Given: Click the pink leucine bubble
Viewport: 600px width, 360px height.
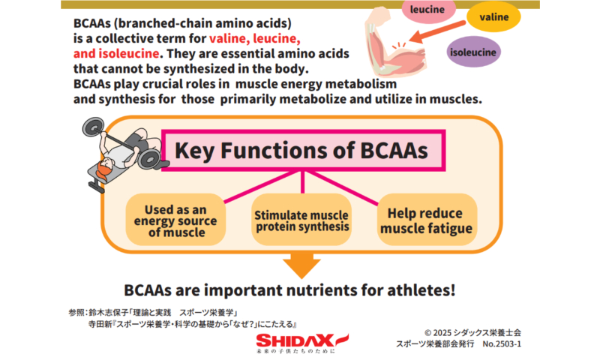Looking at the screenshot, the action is pos(427,10).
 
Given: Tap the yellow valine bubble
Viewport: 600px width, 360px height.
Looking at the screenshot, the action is pos(493,16).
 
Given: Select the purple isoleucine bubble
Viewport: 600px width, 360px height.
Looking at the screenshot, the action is pos(473,52).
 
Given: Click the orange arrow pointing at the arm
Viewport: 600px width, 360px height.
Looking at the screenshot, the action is pos(437,31).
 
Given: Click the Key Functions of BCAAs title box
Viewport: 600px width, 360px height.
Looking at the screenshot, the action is pos(303,150).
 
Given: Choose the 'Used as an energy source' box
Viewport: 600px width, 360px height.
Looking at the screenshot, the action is pos(175,220).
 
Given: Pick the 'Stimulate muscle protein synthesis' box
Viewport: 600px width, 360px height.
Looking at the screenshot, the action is pos(301,220).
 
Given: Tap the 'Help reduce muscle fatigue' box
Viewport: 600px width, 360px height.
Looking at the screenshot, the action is pos(427,220).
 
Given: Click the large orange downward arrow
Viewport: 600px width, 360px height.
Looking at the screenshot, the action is pos(302,265).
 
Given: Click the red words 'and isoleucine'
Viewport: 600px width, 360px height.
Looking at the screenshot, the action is pos(116,53).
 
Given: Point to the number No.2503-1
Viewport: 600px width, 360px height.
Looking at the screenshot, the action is pos(502,344).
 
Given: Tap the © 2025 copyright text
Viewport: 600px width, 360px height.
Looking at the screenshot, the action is pos(472,332).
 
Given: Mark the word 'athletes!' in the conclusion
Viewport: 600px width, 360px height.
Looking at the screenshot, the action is pos(421,290).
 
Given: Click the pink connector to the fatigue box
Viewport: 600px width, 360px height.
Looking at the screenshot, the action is pos(343,187).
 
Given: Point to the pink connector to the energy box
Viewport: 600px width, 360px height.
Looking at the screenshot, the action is pos(262,187).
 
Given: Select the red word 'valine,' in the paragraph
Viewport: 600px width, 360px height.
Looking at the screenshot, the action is pos(229,39).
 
